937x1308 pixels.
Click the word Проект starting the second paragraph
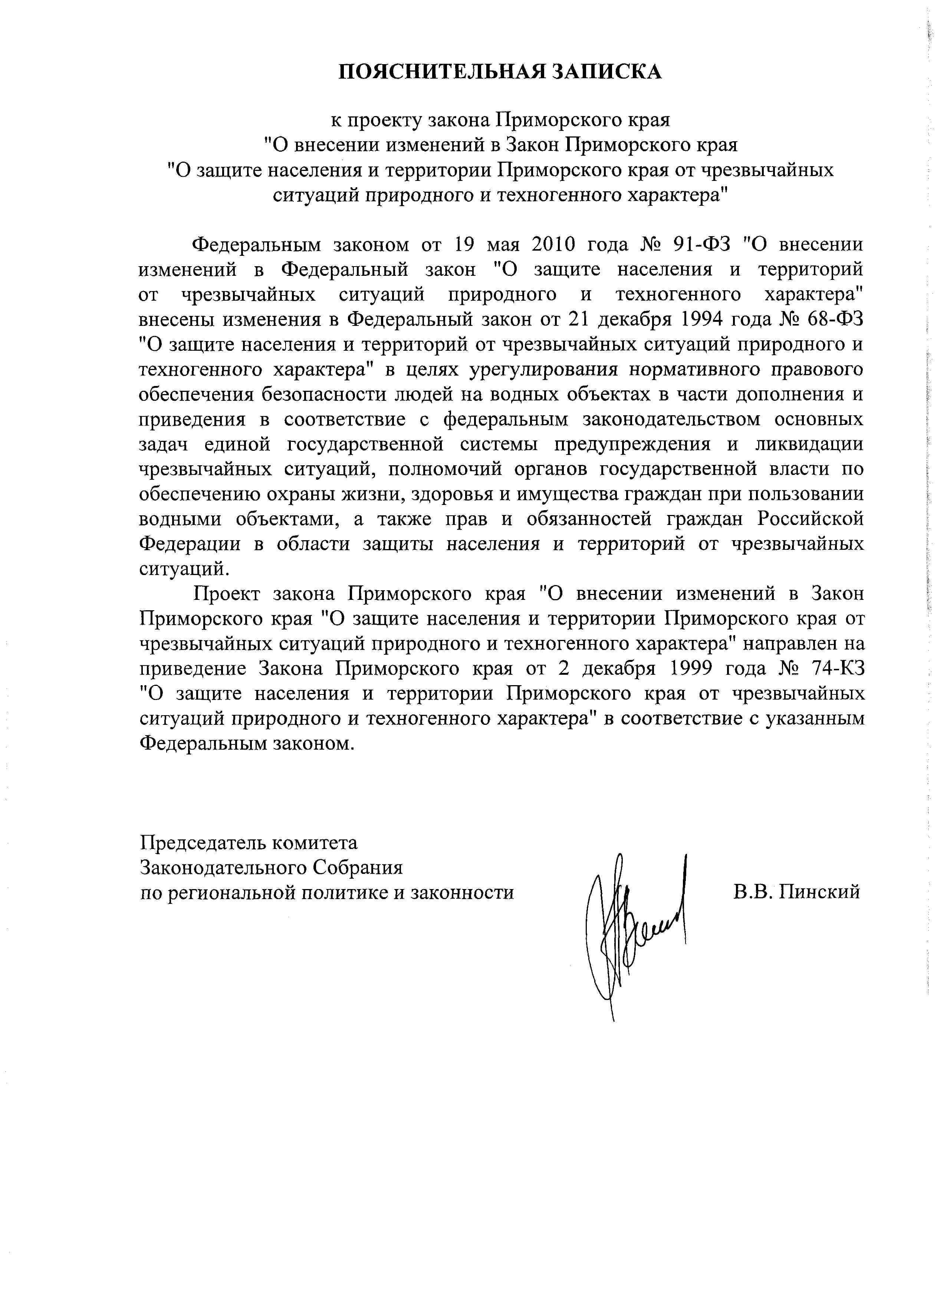coord(227,594)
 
